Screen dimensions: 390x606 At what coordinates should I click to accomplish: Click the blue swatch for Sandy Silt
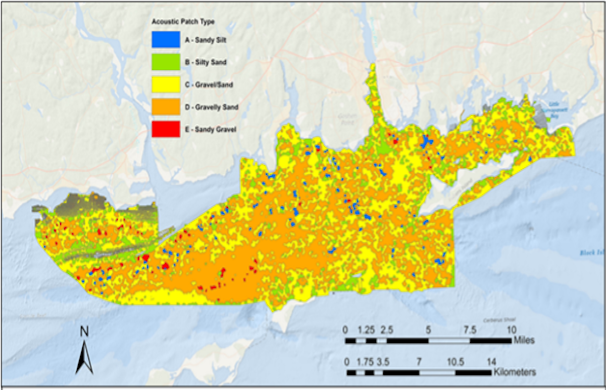click(x=166, y=38)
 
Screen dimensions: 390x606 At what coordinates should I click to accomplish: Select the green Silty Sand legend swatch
click(x=166, y=61)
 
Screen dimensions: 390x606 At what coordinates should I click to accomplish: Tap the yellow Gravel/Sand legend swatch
click(x=166, y=84)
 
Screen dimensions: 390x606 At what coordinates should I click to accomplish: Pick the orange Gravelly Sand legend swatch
click(x=166, y=107)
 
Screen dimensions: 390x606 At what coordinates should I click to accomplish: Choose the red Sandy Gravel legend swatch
click(x=166, y=129)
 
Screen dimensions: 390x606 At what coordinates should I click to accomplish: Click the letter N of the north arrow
click(x=84, y=332)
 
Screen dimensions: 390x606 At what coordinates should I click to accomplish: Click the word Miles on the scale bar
click(x=524, y=340)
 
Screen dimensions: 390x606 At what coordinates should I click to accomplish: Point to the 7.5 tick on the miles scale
click(x=470, y=330)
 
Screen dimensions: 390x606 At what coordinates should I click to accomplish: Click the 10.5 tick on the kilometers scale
click(x=456, y=362)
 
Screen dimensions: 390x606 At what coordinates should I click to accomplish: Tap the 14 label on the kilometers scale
click(x=491, y=362)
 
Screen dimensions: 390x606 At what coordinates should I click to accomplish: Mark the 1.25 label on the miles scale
click(x=366, y=330)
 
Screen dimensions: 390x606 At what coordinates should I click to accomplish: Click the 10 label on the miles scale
click(x=511, y=330)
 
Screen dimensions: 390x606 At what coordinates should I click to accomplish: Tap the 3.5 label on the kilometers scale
click(x=382, y=362)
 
